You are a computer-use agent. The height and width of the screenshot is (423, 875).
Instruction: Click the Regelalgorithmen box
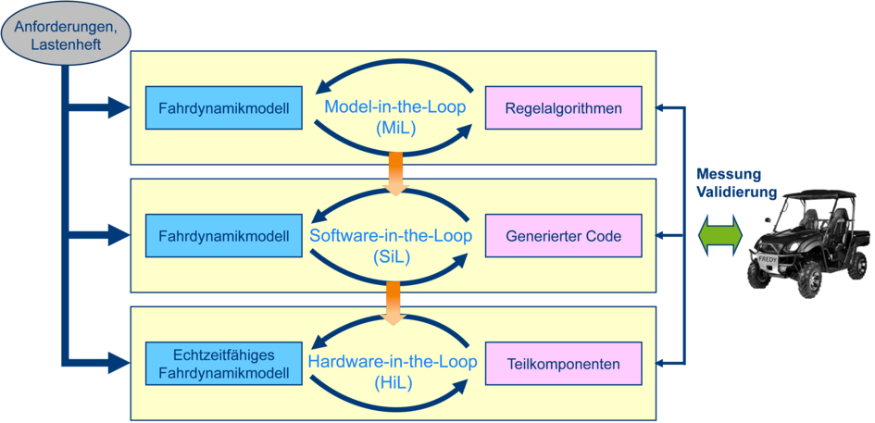(x=563, y=108)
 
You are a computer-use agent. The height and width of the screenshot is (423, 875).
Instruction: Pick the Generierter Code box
(x=563, y=236)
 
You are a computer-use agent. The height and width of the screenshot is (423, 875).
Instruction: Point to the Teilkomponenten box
(x=563, y=364)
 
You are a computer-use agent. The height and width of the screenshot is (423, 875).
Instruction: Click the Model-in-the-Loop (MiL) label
(x=395, y=118)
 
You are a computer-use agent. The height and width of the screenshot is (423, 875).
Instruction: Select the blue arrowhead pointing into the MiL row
(x=118, y=108)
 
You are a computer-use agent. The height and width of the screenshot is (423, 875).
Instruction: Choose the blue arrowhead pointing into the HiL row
(x=118, y=364)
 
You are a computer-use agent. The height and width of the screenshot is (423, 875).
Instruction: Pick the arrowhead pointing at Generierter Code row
(x=659, y=236)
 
